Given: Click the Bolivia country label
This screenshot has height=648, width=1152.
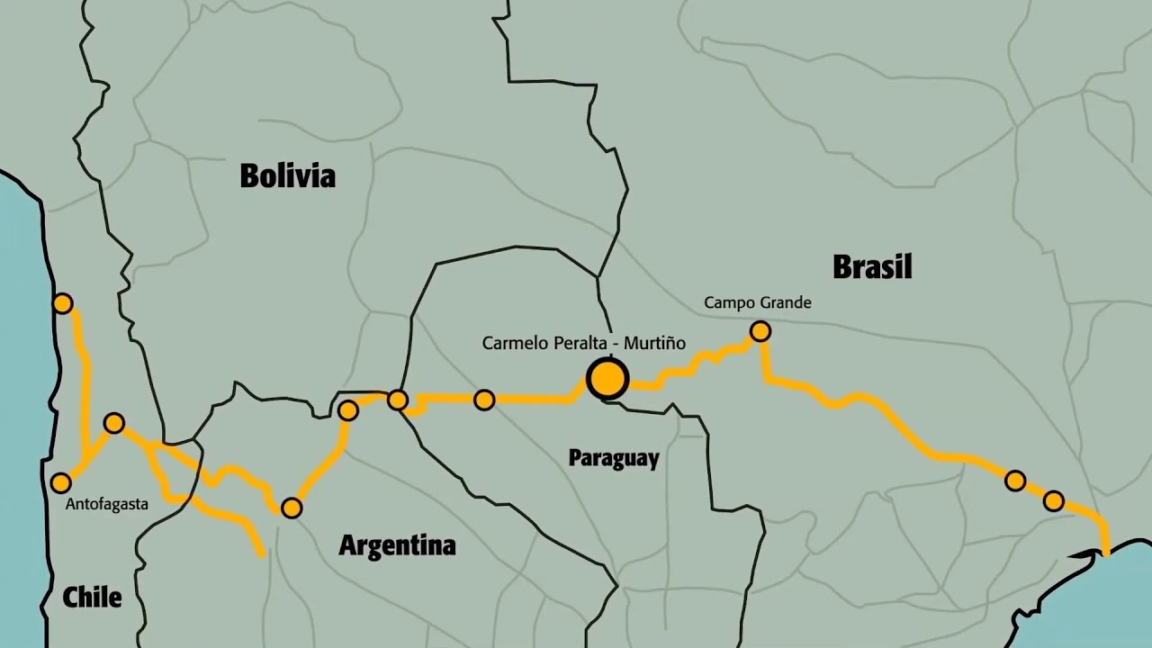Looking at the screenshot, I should [x=287, y=175].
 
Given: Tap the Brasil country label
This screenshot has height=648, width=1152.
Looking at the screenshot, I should [x=872, y=267].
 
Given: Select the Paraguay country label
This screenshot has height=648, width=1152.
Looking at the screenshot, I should [x=614, y=458].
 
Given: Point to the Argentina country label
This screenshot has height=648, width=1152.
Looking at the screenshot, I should [x=397, y=545].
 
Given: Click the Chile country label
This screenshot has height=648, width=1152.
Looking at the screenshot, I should [x=92, y=597].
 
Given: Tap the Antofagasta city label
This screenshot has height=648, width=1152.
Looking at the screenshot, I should [x=106, y=505].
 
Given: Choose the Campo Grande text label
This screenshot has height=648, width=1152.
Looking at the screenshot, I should [x=758, y=303].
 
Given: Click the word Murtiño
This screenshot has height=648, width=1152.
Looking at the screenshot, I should [x=652, y=343].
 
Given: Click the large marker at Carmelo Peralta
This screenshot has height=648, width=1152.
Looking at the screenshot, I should [x=607, y=379].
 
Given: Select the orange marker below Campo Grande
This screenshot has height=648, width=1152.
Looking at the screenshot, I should [x=760, y=331].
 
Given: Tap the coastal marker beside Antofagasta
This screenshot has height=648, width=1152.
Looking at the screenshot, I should [x=60, y=483].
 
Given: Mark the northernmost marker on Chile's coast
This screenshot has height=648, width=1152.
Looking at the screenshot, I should [x=62, y=303].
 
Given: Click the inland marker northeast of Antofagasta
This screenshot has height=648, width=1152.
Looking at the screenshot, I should [x=113, y=423].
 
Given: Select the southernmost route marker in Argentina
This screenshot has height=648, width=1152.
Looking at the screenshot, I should [x=292, y=508].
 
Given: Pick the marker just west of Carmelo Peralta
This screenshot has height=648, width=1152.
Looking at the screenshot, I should [x=484, y=400].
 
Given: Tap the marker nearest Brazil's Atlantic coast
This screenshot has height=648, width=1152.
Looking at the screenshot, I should [x=1054, y=500].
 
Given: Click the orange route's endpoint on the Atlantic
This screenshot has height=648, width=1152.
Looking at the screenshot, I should [x=1106, y=552].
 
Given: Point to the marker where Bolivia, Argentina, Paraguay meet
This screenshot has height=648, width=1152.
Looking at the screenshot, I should [x=398, y=400].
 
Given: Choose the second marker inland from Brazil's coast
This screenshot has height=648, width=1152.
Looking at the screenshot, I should [x=1015, y=481].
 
